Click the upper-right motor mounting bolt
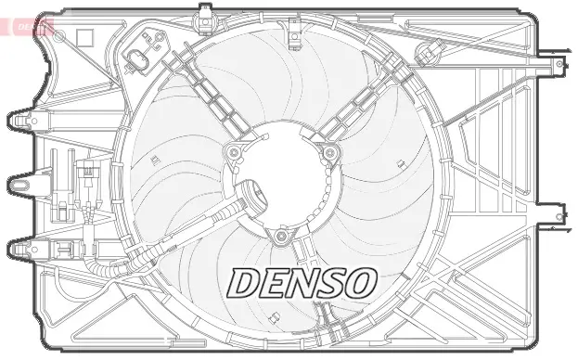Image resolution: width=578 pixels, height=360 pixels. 328,152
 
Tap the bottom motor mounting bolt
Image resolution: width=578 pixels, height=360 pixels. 281,238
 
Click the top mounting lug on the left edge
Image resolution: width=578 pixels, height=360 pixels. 22,120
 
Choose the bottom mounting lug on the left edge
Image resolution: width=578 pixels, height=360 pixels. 22,249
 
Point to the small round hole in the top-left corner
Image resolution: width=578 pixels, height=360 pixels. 59,35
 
